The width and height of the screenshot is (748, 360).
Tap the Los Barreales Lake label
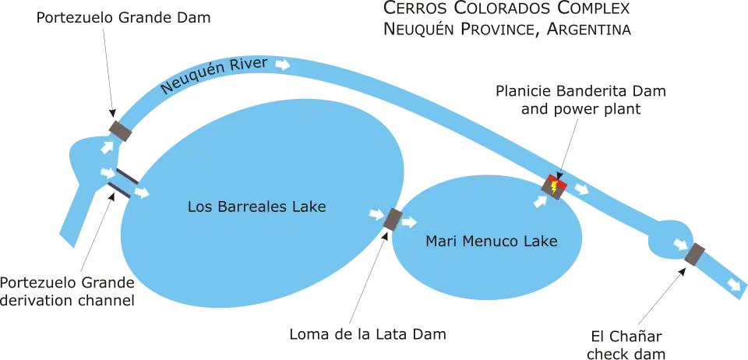pos(256,207)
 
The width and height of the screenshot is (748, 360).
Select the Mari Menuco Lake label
pos(491,242)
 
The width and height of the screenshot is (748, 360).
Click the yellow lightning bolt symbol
pos(553,187)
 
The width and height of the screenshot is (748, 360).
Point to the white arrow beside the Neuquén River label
pos(284,65)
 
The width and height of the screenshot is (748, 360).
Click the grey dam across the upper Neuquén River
pos(120,129)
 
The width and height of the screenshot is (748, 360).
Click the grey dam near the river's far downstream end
pos(695,255)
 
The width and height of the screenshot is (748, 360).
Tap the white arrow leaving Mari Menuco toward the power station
pos(539,201)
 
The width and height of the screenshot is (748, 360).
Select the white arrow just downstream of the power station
pos(581,189)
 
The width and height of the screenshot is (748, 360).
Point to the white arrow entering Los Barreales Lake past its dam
pos(142,192)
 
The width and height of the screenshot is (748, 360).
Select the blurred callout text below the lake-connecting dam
pos(368,336)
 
